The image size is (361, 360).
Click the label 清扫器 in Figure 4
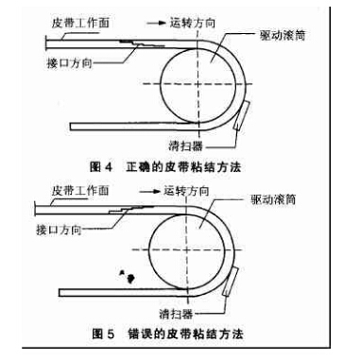[185, 146]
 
